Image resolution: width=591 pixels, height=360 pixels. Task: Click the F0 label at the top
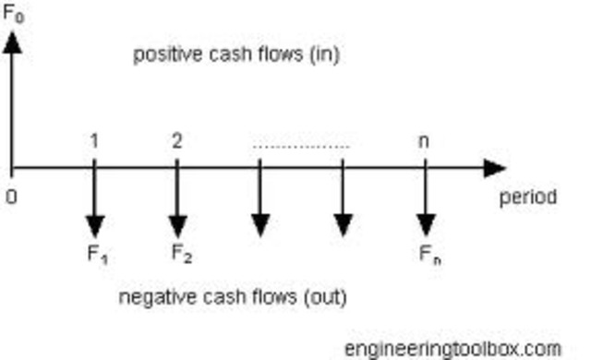(14, 15)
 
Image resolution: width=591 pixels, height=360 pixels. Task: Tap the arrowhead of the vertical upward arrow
(13, 42)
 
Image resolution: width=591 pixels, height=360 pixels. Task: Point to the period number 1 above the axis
(94, 140)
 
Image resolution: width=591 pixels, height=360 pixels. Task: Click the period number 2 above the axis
(176, 140)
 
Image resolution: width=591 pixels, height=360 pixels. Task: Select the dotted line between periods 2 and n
(301, 146)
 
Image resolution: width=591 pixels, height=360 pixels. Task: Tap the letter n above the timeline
(425, 141)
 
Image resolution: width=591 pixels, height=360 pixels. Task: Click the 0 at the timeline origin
(11, 196)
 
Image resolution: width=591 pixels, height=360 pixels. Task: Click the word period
(528, 197)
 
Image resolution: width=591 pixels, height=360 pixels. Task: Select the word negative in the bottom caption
(155, 298)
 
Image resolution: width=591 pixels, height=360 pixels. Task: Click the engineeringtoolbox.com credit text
(452, 349)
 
